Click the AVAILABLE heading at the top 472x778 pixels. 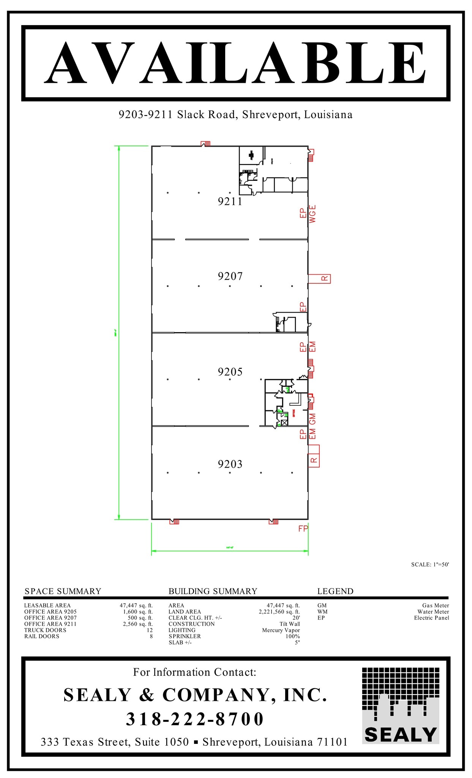click(x=235, y=63)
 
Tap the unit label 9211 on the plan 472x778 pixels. click(x=230, y=201)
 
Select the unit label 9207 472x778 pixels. click(x=230, y=276)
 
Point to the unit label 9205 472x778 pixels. click(x=230, y=372)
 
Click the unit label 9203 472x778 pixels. click(x=230, y=464)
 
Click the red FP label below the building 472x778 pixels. click(x=303, y=528)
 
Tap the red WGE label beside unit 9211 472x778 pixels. click(x=312, y=214)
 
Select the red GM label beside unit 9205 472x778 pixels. click(x=312, y=419)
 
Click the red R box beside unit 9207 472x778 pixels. click(x=324, y=278)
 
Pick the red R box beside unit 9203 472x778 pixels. click(x=314, y=460)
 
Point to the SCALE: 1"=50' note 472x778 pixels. click(x=430, y=565)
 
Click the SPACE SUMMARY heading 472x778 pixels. click(x=63, y=591)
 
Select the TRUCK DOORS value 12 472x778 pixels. click(x=150, y=630)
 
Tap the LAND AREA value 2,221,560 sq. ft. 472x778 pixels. click(x=279, y=612)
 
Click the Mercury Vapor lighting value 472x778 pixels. click(x=281, y=630)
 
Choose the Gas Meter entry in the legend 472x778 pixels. click(x=435, y=606)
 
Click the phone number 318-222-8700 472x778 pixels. click(x=195, y=719)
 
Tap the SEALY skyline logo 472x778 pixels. click(x=400, y=706)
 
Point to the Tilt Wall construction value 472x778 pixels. click(x=289, y=624)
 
